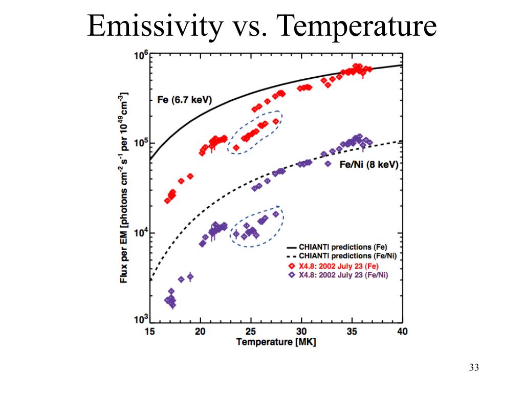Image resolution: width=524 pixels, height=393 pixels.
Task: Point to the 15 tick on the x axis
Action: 150,331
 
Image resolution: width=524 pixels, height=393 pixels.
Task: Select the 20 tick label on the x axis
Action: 201,331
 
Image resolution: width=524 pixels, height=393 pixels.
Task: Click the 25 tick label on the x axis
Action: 251,331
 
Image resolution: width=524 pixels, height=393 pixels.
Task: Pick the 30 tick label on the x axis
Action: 301,331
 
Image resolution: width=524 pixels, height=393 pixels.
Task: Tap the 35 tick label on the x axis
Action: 352,331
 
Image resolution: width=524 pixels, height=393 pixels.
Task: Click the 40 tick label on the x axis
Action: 402,331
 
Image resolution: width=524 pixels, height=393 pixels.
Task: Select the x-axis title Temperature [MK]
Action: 276,342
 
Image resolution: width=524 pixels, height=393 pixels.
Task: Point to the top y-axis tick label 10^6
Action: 141,55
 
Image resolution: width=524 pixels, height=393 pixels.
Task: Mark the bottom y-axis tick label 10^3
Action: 141,320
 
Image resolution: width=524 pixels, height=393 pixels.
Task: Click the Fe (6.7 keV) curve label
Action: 184,100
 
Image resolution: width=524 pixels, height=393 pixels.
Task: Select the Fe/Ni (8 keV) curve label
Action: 369,164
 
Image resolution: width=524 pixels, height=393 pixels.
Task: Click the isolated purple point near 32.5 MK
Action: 327,164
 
